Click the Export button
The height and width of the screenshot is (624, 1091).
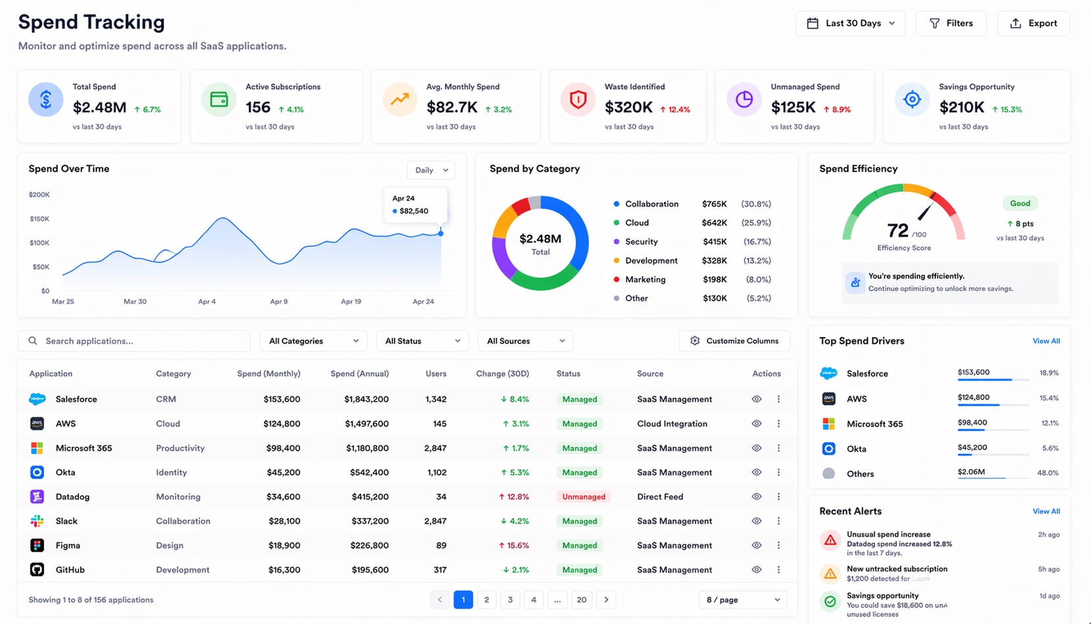point(1034,23)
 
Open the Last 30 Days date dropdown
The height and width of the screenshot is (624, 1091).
point(850,23)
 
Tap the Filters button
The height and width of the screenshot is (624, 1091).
point(951,23)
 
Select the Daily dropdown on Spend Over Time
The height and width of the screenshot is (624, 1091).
point(431,170)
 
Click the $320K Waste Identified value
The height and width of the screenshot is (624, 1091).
point(628,107)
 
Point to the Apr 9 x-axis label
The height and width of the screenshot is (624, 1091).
point(278,301)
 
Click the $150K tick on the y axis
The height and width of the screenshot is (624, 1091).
point(39,219)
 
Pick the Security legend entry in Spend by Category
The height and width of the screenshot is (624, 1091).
point(641,242)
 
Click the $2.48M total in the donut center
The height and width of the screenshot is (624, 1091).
point(540,239)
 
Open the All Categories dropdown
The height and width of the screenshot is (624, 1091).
point(313,341)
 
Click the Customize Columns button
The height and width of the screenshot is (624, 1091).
point(734,341)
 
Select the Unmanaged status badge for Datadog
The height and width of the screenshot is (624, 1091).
point(584,497)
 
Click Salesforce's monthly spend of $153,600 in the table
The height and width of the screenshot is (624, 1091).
point(282,399)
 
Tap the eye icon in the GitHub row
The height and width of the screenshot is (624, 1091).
point(757,569)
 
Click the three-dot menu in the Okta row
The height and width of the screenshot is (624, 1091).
point(778,473)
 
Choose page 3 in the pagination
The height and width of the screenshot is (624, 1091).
point(510,600)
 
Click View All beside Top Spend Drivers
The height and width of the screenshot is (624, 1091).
point(1046,341)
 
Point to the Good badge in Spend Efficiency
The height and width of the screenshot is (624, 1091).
point(1020,203)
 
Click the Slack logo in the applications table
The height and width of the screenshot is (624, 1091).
point(38,521)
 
